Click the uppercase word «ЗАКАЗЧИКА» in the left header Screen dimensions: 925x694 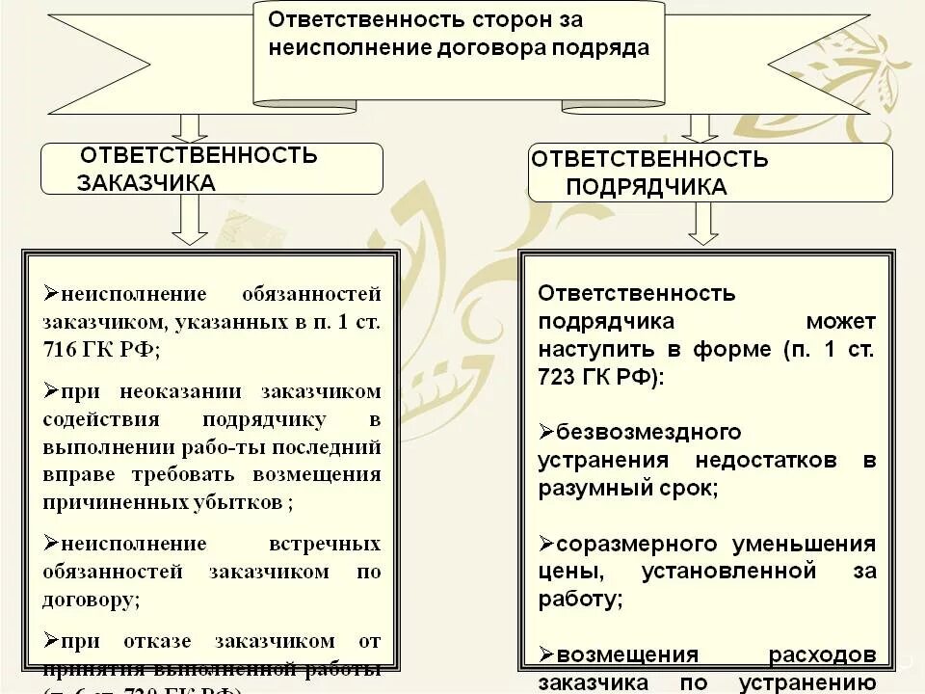coord(146,182)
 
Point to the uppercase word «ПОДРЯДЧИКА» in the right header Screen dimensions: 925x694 coord(646,186)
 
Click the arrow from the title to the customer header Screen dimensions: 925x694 coord(189,128)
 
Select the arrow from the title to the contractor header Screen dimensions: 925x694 coord(700,128)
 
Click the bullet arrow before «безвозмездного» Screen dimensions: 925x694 coord(545,432)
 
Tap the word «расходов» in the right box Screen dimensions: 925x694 coord(822,655)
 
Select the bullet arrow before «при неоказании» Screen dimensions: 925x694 coord(50,391)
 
